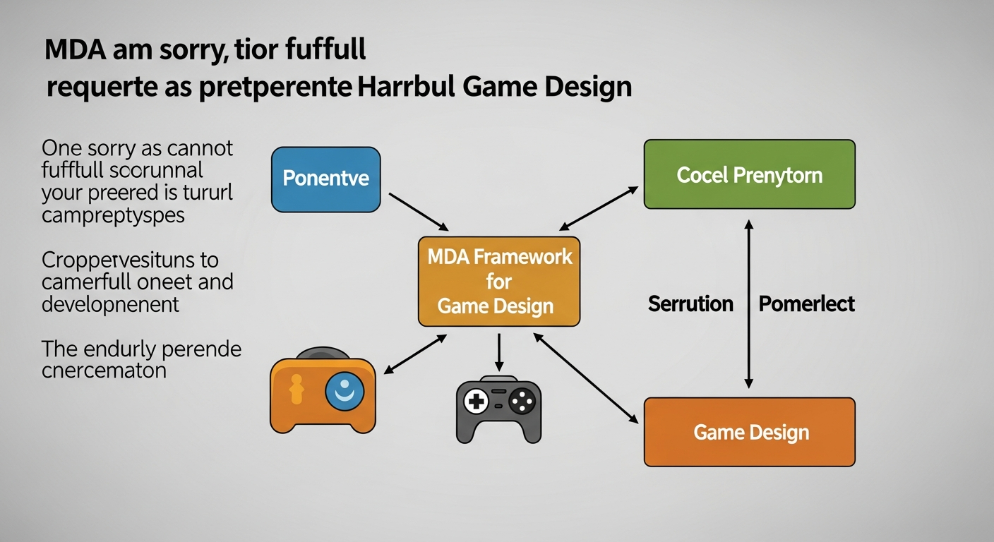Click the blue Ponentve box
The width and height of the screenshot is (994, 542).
[x=325, y=179]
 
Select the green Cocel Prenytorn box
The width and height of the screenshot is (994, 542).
[x=749, y=174]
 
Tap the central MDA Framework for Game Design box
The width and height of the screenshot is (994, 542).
[x=498, y=282]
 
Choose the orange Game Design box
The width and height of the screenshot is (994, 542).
[x=749, y=432]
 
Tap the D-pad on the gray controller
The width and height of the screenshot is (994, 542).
[x=475, y=402]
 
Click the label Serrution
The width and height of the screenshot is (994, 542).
[x=690, y=304]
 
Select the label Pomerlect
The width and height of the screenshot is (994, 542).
[x=806, y=304]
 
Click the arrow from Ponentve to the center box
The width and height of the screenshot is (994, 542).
[x=419, y=211]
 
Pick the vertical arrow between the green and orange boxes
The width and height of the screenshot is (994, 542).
[x=749, y=303]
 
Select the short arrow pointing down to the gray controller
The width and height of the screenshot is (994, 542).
[x=498, y=352]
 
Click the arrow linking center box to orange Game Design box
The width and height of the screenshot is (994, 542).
[x=586, y=378]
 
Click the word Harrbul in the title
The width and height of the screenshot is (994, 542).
[x=399, y=87]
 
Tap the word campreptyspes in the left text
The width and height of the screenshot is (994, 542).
[x=113, y=215]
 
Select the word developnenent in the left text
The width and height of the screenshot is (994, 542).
[x=110, y=304]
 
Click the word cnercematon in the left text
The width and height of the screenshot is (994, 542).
[x=104, y=370]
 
